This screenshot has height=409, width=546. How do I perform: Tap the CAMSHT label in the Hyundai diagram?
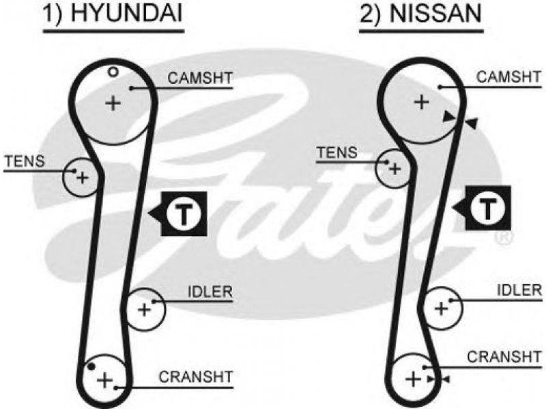point(200,78)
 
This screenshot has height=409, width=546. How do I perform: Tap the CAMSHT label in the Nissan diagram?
point(508,77)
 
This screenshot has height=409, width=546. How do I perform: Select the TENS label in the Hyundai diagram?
point(25,161)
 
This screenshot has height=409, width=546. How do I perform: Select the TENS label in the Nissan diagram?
point(337,153)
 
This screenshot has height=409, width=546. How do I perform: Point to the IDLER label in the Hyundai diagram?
point(210,292)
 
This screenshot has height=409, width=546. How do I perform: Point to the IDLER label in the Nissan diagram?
point(519,290)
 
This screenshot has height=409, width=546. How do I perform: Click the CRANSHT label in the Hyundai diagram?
point(196,378)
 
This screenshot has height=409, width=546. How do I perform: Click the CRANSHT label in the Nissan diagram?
point(504,357)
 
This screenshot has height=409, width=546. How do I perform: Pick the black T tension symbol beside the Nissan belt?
point(483,208)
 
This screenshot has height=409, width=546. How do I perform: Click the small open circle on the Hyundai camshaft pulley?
point(113,72)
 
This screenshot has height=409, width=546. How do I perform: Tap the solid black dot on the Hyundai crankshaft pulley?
point(91,366)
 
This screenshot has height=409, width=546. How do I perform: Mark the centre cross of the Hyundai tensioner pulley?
point(83,178)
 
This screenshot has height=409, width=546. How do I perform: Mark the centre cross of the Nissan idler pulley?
point(442,309)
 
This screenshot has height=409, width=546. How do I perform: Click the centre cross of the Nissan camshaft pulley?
point(422,102)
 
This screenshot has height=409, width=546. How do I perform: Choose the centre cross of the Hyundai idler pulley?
point(144,309)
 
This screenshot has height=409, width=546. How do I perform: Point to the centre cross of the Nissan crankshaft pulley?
point(414,379)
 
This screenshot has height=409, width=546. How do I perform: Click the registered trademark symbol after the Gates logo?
point(504,238)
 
